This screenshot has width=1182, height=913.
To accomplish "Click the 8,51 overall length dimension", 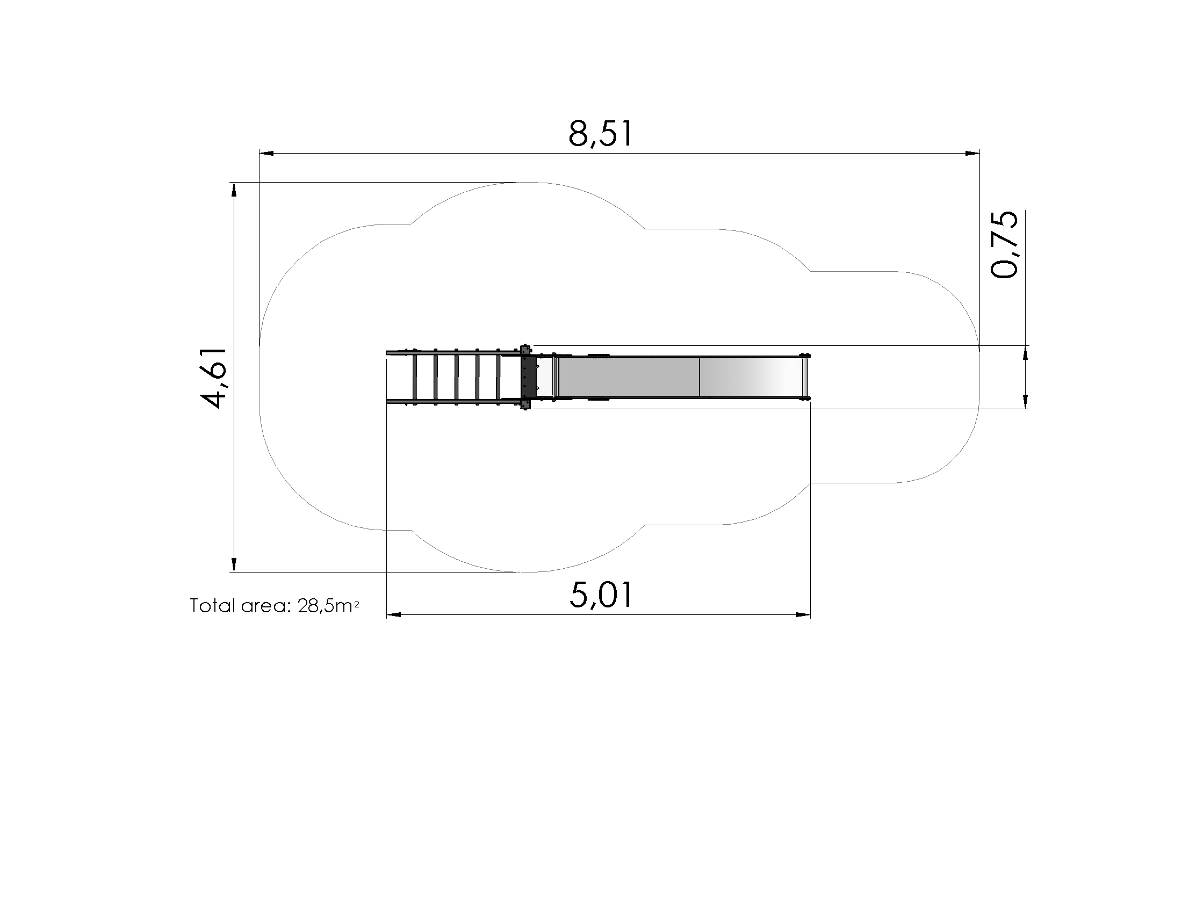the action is click(600, 134).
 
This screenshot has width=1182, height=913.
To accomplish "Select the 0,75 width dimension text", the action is click(1004, 244).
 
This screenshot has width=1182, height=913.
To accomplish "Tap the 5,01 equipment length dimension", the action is click(601, 595).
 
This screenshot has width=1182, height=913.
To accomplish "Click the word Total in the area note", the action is click(213, 606).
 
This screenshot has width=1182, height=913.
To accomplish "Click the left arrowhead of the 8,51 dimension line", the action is click(266, 154).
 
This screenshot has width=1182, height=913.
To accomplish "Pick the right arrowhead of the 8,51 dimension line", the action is click(972, 154).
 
